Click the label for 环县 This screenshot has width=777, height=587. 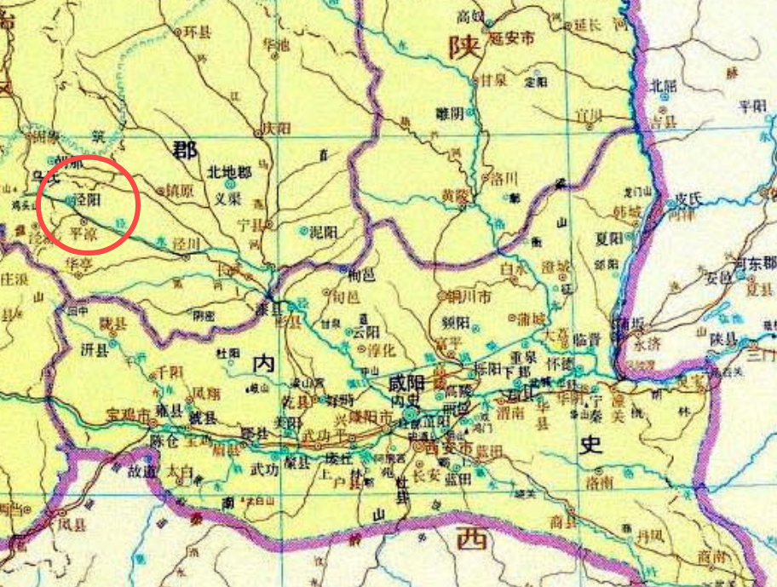(x=197, y=32)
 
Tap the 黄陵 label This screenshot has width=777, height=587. (x=456, y=195)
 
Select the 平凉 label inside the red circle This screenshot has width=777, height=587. (x=83, y=232)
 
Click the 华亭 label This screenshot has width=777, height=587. (x=80, y=265)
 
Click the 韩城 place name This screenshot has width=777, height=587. (x=626, y=211)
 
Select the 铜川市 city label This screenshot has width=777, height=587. (x=469, y=297)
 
